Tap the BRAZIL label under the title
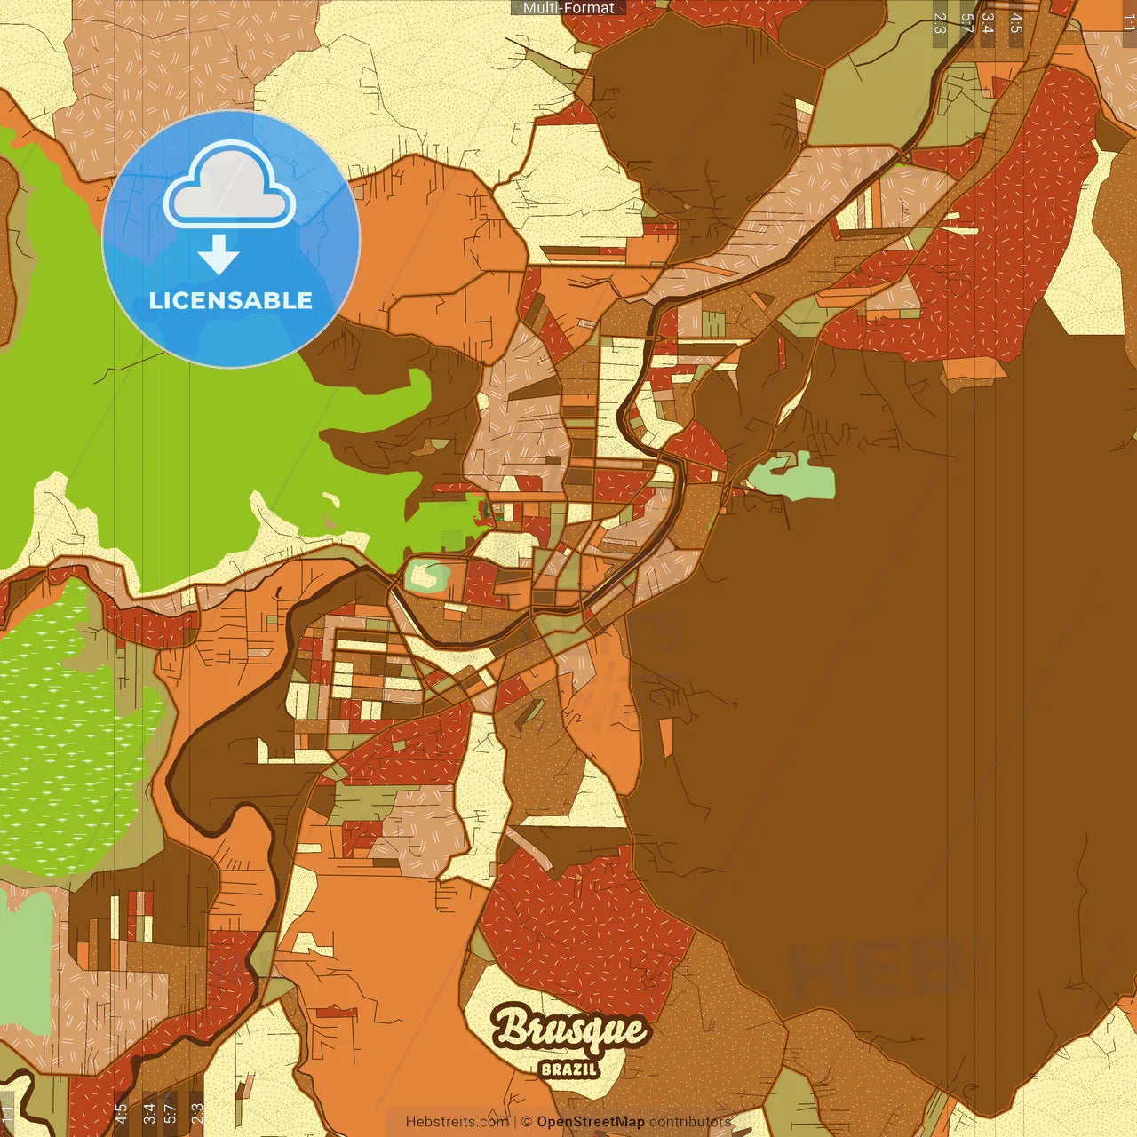point(569,1069)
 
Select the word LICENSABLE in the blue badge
point(231,300)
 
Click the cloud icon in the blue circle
point(230,187)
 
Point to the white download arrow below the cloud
point(219,253)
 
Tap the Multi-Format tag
point(568,8)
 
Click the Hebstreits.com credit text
point(457,1122)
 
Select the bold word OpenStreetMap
point(591,1122)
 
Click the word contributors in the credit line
point(690,1122)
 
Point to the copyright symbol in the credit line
point(527,1122)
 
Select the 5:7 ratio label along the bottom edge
point(170,1112)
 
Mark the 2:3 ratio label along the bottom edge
point(197,1112)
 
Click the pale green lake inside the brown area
point(792,477)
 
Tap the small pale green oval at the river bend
point(426,576)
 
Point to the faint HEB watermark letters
point(875,968)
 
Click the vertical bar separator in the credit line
point(515,1122)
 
